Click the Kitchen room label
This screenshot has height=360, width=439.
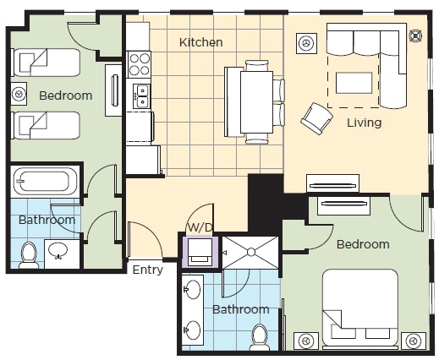(201, 42)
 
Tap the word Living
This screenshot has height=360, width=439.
(364, 123)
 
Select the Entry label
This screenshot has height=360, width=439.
(147, 270)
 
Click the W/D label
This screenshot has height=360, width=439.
(200, 227)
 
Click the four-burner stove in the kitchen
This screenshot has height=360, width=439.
(140, 64)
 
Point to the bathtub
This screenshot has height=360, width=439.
(45, 181)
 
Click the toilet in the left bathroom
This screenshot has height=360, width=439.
(29, 255)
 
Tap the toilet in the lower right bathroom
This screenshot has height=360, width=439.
(260, 337)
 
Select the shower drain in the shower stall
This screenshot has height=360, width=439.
(251, 252)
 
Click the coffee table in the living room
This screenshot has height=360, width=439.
(354, 83)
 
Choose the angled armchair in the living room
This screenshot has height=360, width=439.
(316, 118)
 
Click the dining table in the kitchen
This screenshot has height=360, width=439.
(256, 102)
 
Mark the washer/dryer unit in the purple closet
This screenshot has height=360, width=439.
(200, 252)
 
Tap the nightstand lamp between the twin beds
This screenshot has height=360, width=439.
(19, 94)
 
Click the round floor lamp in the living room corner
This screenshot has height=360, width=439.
(415, 35)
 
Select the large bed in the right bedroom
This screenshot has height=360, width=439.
(360, 308)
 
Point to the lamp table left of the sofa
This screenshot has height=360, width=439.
(306, 43)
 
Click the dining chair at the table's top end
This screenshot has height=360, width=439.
(256, 65)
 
